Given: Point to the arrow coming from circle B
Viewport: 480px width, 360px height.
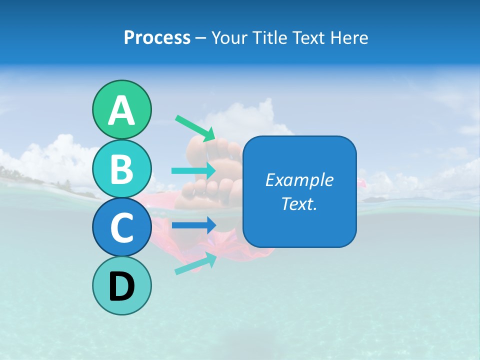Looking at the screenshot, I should click(x=194, y=171).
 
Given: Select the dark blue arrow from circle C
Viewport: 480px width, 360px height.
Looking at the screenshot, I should click(x=194, y=225).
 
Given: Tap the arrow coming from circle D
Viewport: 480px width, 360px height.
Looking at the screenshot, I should click(x=195, y=264).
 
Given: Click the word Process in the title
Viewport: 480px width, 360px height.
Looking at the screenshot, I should click(x=157, y=37).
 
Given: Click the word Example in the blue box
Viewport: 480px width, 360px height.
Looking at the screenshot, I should click(x=299, y=180).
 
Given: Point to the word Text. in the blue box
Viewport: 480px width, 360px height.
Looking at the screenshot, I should click(x=299, y=204).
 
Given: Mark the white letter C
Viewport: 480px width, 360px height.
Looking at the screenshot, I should click(x=121, y=228).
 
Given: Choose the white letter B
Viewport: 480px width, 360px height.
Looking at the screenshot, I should click(x=121, y=169).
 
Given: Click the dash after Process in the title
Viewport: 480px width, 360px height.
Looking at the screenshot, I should click(x=200, y=38).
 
